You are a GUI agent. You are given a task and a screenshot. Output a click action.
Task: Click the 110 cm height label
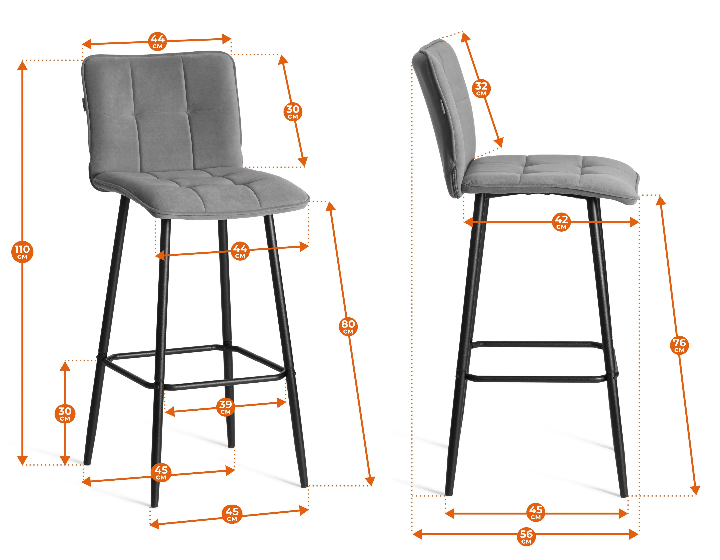pos(22,252)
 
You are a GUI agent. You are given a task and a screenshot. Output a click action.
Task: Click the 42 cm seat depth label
pos(561,222)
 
